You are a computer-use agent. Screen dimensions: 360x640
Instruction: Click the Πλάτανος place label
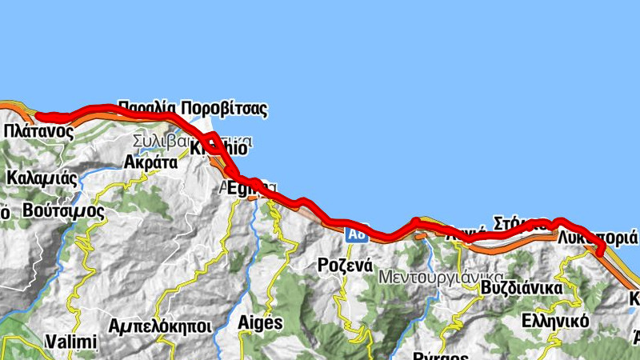[x=38, y=131]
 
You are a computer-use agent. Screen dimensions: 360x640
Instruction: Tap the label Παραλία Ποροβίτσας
[x=192, y=107]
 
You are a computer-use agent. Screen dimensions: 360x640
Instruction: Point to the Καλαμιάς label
[x=41, y=177]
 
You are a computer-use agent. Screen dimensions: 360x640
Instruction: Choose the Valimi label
[x=71, y=342]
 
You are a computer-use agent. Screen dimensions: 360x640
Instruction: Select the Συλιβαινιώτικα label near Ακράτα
[x=192, y=142]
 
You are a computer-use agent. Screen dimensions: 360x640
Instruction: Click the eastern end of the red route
[x=602, y=254]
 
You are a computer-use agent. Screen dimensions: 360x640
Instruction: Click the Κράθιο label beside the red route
[x=214, y=147]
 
